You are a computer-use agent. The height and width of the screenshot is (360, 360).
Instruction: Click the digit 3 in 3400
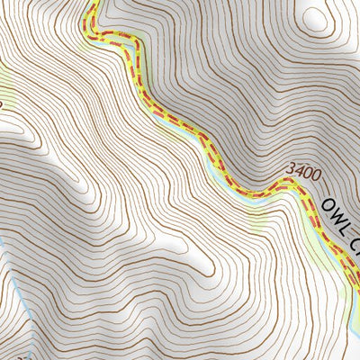point(289,168)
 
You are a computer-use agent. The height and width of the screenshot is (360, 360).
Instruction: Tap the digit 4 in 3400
point(297,168)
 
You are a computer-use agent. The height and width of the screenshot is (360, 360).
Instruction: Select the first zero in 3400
point(306,168)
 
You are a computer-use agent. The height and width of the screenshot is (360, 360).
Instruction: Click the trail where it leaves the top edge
point(91,3)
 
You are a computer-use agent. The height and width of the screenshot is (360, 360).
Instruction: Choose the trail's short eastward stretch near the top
point(112,38)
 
